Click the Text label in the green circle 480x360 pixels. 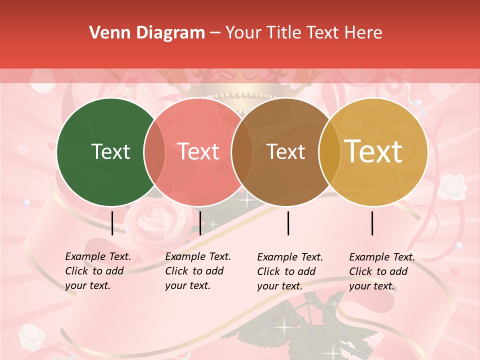[110, 151]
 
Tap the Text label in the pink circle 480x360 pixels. [198, 151]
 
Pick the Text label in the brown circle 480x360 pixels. [285, 151]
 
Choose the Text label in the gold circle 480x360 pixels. [373, 151]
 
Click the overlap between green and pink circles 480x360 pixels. [154, 152]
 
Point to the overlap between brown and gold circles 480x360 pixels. [329, 152]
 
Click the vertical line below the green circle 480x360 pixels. [112, 223]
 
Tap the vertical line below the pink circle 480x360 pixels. [200, 223]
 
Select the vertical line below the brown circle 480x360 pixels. [288, 223]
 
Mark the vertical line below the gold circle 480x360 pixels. [372, 223]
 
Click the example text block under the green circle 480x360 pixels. [97, 271]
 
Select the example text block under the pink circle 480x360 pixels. [197, 271]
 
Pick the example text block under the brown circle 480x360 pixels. [289, 271]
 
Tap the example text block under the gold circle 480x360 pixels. [381, 271]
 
